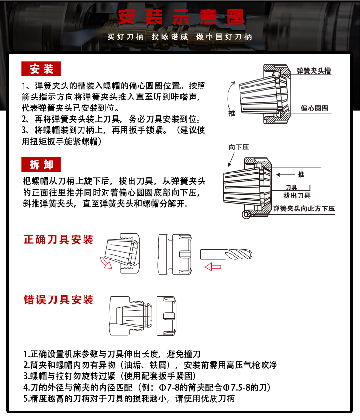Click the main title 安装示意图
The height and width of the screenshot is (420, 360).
point(180,18)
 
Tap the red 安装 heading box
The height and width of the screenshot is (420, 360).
point(42,69)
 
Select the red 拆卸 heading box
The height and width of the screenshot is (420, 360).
point(42,164)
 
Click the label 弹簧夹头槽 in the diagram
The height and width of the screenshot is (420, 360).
point(314,71)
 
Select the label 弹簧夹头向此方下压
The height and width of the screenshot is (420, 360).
point(303,209)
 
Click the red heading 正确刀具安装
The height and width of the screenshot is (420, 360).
point(59,239)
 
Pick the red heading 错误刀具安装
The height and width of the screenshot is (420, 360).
point(59,300)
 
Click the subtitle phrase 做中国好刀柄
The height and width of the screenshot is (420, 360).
point(224,37)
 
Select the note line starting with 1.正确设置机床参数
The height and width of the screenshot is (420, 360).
point(112,353)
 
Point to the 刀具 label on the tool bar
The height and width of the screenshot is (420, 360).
point(291,188)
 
